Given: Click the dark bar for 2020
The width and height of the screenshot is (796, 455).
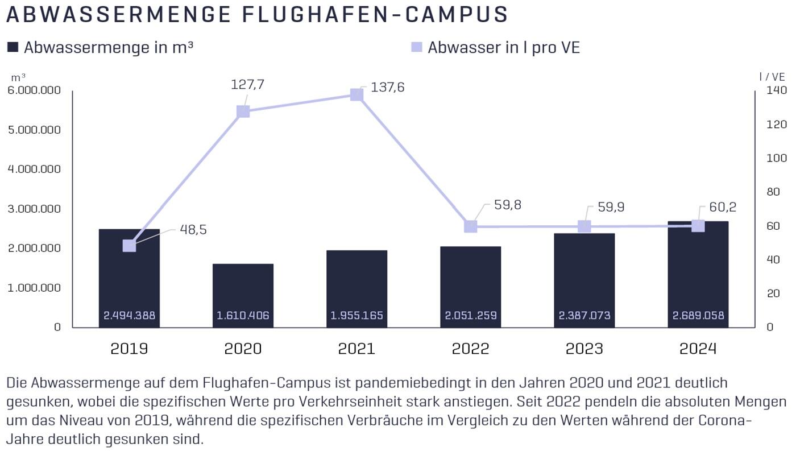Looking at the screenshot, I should click(243, 287).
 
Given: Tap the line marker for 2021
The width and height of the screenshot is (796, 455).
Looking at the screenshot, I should click(356, 94).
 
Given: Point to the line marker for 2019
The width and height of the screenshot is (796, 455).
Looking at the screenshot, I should click(129, 246).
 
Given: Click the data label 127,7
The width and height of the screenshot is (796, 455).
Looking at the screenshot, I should click(247, 85).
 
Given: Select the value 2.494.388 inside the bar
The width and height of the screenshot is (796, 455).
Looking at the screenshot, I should click(129, 315).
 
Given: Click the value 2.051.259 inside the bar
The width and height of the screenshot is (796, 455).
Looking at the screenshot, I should click(470, 315).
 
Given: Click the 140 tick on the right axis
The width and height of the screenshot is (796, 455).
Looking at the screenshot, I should click(776, 90).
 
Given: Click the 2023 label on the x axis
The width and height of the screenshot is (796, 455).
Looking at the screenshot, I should click(584, 348).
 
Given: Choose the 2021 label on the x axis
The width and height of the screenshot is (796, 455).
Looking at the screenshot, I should click(356, 348).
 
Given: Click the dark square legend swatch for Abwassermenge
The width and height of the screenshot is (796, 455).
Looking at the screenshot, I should click(13, 47).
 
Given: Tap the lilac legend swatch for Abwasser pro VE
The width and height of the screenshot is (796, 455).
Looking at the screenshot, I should click(416, 47).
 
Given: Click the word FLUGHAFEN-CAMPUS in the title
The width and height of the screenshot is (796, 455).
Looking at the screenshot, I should click(375, 15).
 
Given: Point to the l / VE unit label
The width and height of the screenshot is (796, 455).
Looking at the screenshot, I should click(772, 77).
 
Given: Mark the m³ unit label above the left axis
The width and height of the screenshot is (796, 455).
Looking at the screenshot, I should click(18, 77).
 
